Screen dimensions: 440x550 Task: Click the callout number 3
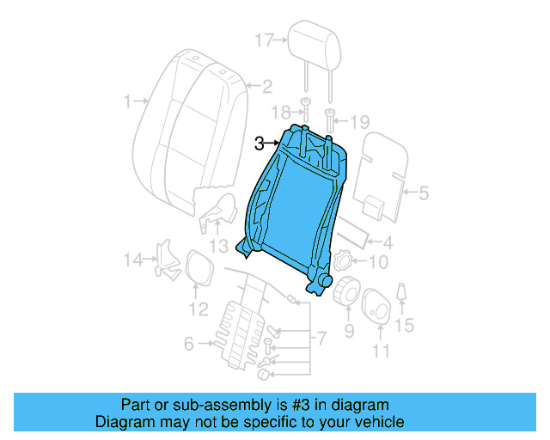click(x=259, y=144)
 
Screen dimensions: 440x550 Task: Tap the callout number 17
click(x=264, y=40)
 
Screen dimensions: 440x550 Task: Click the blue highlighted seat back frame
click(x=292, y=206)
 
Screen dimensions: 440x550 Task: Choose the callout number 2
click(x=266, y=85)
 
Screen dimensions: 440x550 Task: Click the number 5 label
click(x=423, y=193)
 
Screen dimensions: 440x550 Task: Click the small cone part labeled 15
click(x=401, y=296)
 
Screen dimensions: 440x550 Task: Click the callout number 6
click(x=188, y=345)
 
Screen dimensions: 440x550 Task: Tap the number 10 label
click(x=378, y=263)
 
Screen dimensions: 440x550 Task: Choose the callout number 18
click(x=279, y=113)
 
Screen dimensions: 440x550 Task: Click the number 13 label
click(x=220, y=247)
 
